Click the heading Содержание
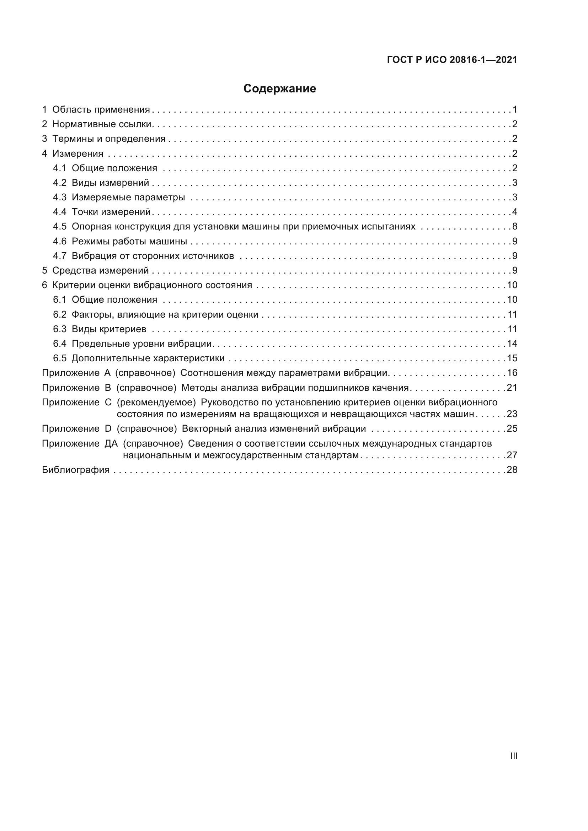(x=279, y=89)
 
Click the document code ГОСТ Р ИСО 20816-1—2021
(x=452, y=60)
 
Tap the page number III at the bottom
(x=513, y=756)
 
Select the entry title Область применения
(x=101, y=110)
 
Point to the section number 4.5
(x=60, y=227)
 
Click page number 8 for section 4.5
(x=514, y=227)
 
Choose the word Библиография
(x=76, y=470)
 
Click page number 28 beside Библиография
(x=512, y=470)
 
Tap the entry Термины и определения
(x=109, y=139)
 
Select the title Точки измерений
(x=111, y=212)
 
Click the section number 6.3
(x=60, y=329)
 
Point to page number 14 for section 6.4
(x=512, y=344)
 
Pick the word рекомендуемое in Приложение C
(x=156, y=403)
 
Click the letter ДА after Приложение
(x=111, y=443)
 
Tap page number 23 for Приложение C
(x=512, y=414)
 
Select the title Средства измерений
(x=100, y=270)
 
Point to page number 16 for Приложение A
(x=512, y=373)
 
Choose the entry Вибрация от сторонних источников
(x=153, y=256)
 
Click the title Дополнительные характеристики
(x=148, y=358)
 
